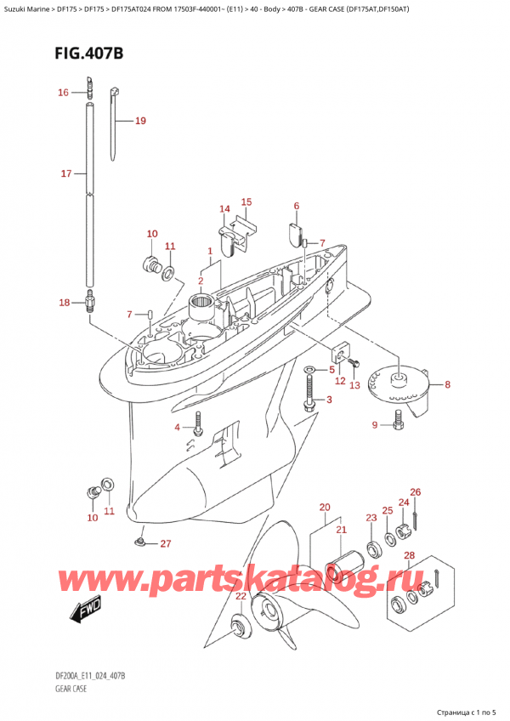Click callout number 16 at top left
pyautogui.click(x=63, y=93)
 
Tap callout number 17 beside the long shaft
pyautogui.click(x=66, y=174)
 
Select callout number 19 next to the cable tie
pyautogui.click(x=140, y=121)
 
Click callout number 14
pyautogui.click(x=224, y=209)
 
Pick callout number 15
pyautogui.click(x=246, y=202)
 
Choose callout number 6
pyautogui.click(x=297, y=206)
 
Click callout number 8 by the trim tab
pyautogui.click(x=448, y=383)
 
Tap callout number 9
pyautogui.click(x=374, y=425)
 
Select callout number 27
pyautogui.click(x=165, y=543)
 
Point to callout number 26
pyautogui.click(x=415, y=492)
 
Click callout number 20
pyautogui.click(x=324, y=508)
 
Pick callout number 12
pyautogui.click(x=339, y=381)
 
